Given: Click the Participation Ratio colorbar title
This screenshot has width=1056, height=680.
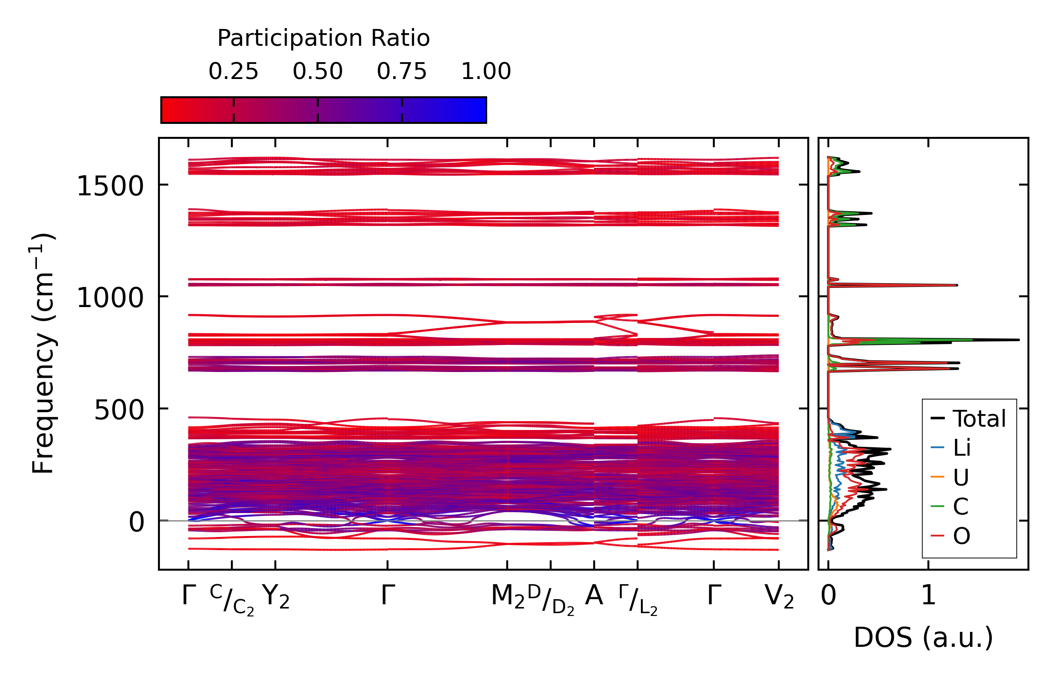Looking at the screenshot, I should click(323, 38).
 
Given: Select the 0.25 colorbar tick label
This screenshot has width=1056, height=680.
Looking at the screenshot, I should click(233, 72).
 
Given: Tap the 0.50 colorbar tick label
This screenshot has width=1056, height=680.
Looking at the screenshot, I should click(318, 72).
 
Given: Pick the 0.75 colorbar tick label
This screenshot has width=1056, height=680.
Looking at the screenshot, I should click(402, 72).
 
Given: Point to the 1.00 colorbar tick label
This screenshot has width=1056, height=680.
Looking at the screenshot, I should click(486, 72).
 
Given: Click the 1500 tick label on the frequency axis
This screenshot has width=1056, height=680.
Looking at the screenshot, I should click(110, 186).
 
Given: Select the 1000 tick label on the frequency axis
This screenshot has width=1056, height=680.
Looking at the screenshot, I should click(110, 298).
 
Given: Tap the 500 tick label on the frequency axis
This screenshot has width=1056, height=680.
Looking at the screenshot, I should click(119, 410).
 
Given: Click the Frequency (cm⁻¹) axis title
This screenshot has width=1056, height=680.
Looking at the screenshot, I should click(43, 353).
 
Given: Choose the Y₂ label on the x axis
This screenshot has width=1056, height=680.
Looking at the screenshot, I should click(276, 597).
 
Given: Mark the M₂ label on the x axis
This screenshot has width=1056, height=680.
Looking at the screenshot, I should click(508, 597).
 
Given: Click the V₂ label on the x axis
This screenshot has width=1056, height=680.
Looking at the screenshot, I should click(779, 597).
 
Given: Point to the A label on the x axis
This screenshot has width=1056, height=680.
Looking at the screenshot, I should click(594, 596).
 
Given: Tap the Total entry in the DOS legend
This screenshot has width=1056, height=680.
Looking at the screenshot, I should click(979, 419).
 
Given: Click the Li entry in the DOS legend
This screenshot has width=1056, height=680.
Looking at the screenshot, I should click(962, 448).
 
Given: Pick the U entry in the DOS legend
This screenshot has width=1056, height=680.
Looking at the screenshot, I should click(961, 478).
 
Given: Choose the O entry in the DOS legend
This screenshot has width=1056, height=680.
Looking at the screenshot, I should click(962, 536).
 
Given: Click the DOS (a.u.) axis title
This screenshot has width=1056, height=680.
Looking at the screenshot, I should click(923, 638).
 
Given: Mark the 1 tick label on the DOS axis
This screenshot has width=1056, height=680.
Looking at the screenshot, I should click(928, 596).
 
